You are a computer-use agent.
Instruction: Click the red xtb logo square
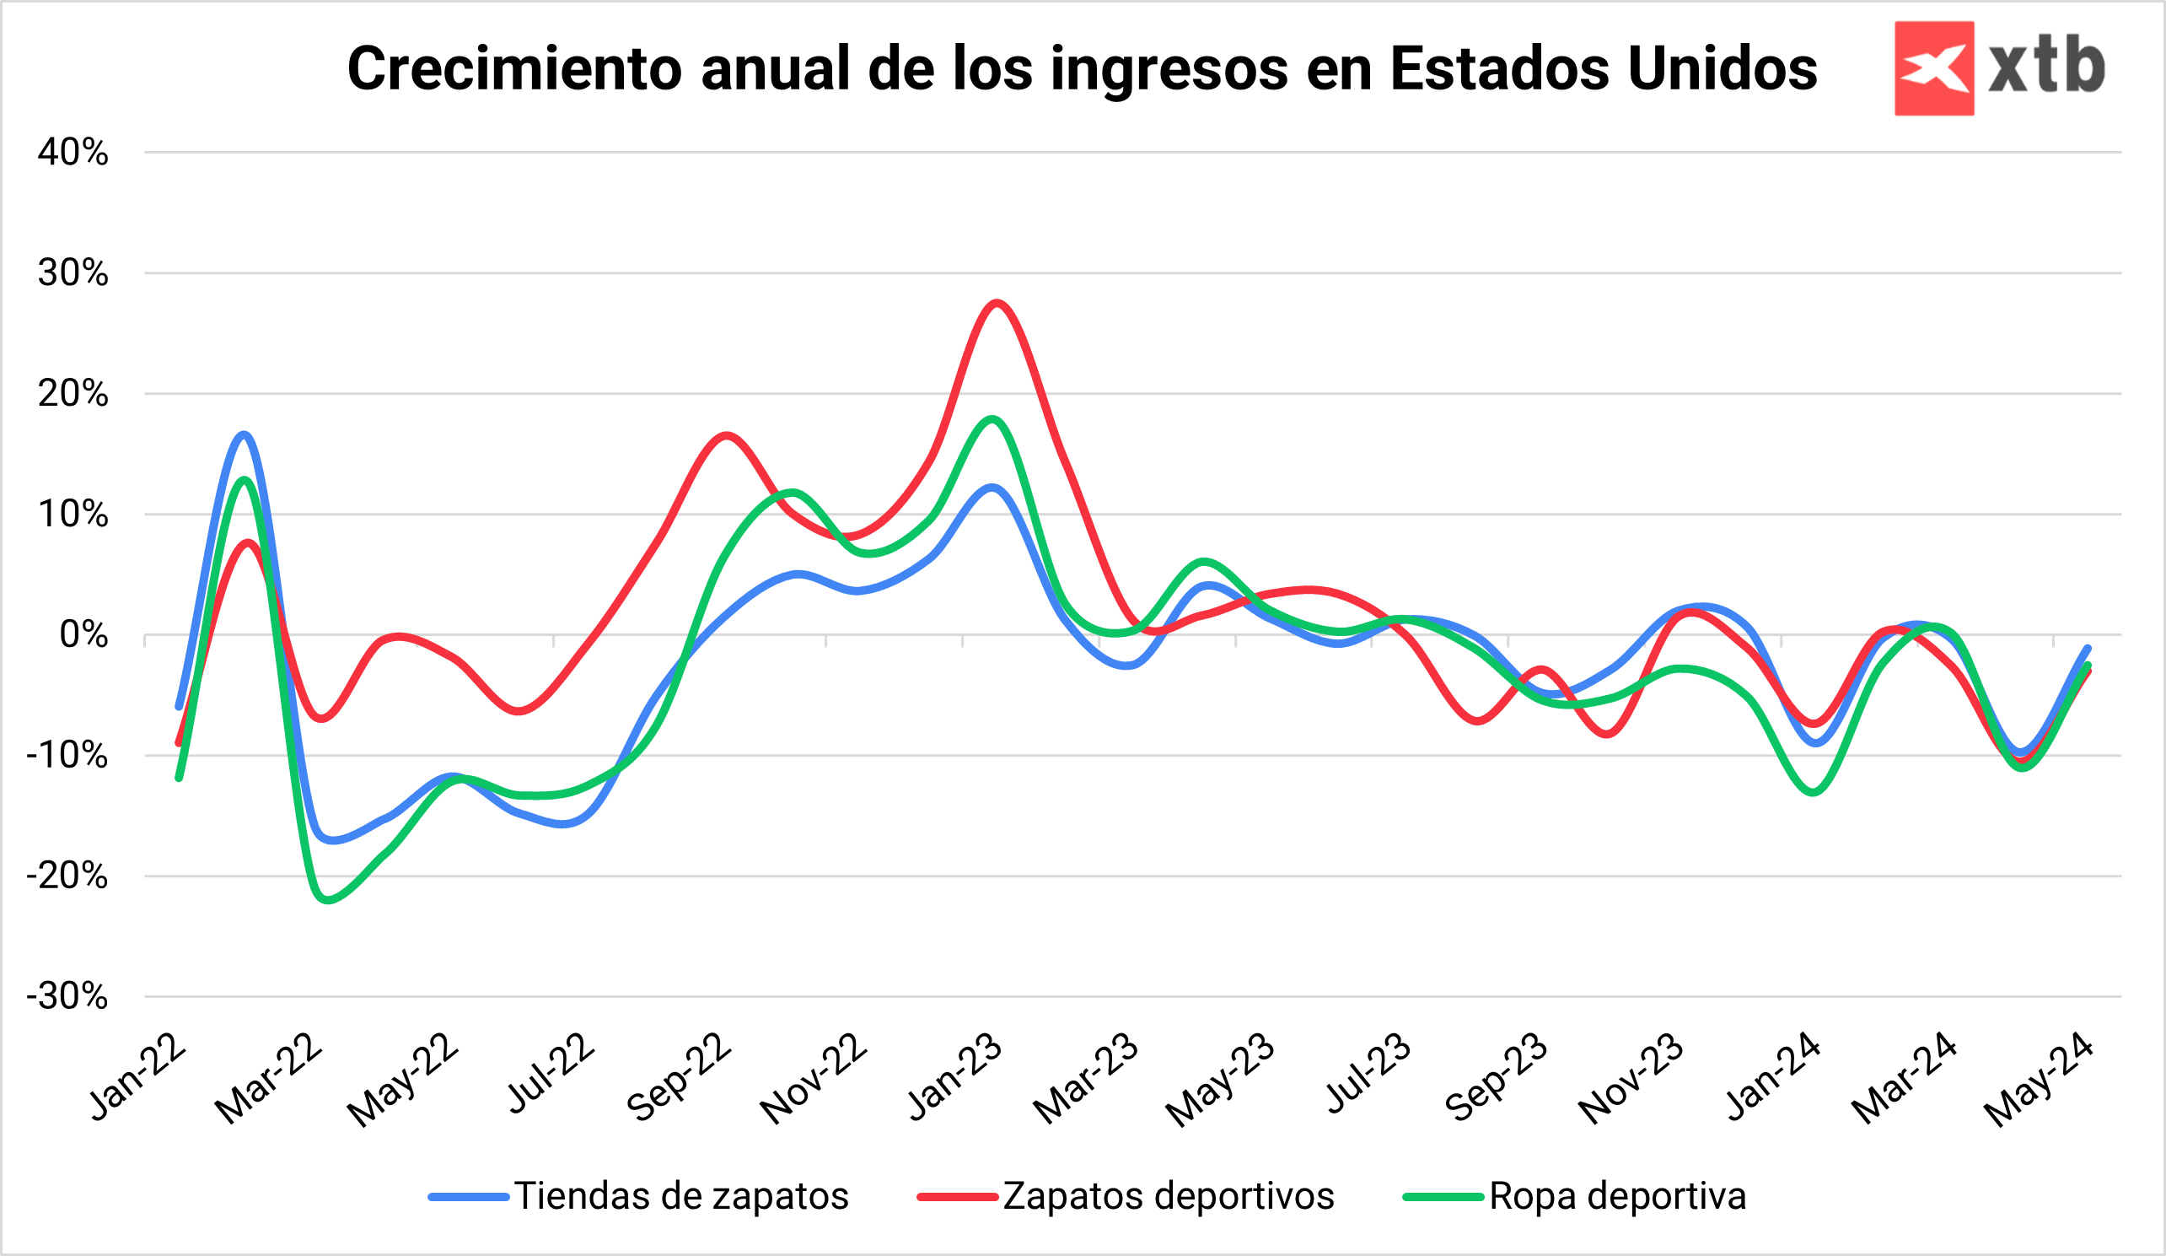pos(1933,68)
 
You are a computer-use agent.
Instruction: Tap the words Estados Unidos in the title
pos(1603,69)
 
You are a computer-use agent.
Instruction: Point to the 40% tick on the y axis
pos(73,153)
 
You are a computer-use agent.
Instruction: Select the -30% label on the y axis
pos(68,997)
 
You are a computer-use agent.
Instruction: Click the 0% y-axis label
pos(83,635)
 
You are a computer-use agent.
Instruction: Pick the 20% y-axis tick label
pos(73,394)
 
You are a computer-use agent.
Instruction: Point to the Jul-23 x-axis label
pos(1368,1074)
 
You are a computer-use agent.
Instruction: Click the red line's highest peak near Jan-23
pos(997,303)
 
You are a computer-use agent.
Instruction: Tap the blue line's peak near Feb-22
pos(245,434)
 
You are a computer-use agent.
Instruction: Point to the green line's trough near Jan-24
pos(1814,792)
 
